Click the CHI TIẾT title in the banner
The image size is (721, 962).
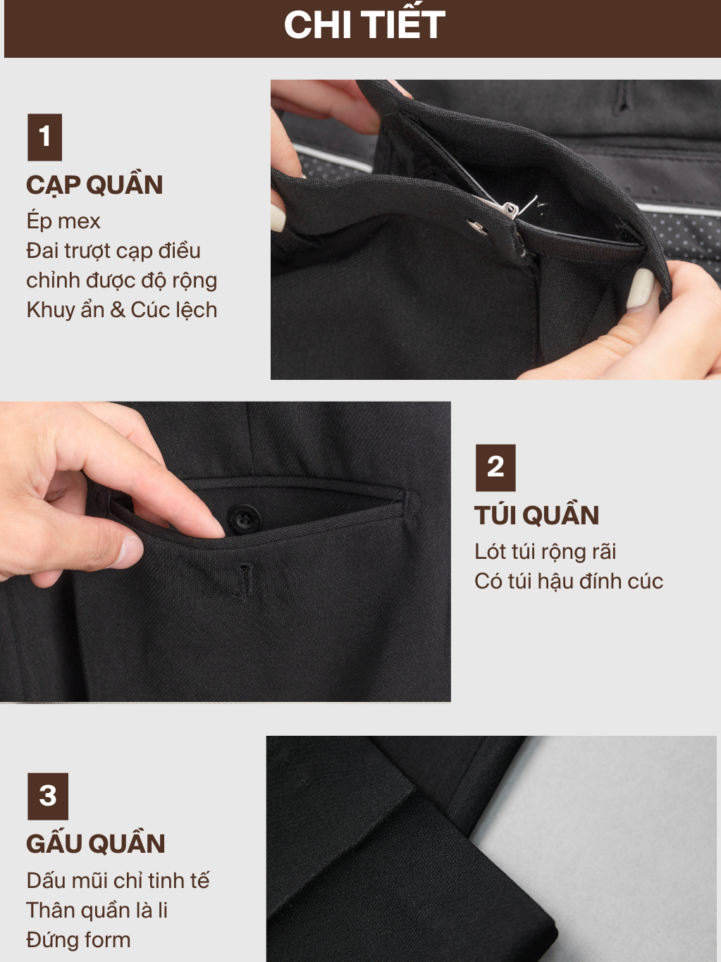pyautogui.click(x=364, y=25)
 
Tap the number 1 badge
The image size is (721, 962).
pyautogui.click(x=44, y=137)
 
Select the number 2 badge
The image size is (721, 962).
pyautogui.click(x=495, y=468)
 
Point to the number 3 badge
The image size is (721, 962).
pyautogui.click(x=48, y=796)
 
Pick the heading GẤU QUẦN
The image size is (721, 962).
pyautogui.click(x=96, y=843)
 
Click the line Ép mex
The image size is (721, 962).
pyautogui.click(x=63, y=221)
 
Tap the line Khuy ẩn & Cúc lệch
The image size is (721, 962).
pyautogui.click(x=122, y=310)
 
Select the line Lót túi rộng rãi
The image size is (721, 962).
pyautogui.click(x=546, y=551)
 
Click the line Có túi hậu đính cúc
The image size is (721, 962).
pyautogui.click(x=569, y=581)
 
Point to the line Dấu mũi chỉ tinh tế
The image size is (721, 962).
pyautogui.click(x=118, y=881)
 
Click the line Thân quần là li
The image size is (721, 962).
pyautogui.click(x=97, y=911)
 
